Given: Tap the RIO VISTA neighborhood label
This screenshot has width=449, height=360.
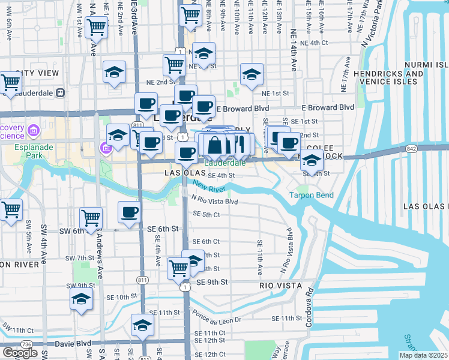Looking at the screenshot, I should click(280, 286).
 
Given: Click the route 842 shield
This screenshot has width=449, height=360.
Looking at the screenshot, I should click(411, 148).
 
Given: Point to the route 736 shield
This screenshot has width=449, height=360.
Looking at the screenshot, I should click(26, 344).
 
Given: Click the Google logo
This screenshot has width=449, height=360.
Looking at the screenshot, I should click(20, 353).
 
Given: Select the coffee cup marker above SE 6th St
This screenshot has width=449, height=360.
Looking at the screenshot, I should click(129, 212).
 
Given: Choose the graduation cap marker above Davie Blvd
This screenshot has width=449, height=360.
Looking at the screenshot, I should click(142, 325).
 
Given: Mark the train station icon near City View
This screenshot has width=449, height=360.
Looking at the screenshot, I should click(60, 93).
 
